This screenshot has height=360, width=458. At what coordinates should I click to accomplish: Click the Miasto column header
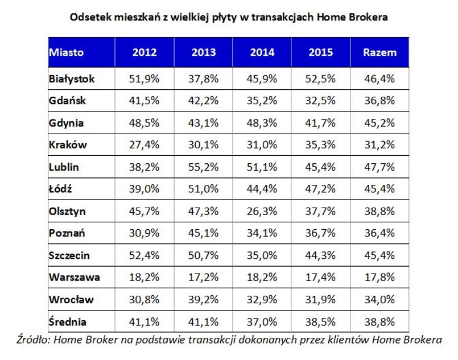coord(67,52)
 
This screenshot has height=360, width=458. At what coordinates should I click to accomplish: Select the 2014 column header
coord(262,52)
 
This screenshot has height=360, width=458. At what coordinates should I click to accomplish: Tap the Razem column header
coord(379,52)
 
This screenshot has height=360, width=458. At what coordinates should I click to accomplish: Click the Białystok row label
coord(71,78)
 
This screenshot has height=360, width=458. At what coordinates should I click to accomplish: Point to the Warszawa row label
coord(74,278)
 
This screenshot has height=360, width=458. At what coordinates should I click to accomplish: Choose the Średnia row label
coord(68,322)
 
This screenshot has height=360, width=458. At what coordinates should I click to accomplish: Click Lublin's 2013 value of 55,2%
coord(203,167)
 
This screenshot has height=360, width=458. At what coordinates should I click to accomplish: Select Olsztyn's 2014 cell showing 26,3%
coord(262,211)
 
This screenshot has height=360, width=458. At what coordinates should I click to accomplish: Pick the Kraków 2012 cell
coord(145,145)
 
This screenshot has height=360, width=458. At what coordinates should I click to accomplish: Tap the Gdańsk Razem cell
coord(379,101)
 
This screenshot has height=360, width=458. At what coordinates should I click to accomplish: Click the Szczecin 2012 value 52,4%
coord(145,255)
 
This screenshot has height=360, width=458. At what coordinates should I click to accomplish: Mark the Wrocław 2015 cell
coord(321,300)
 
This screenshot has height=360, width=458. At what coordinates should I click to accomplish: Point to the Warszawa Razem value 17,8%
coord(379,278)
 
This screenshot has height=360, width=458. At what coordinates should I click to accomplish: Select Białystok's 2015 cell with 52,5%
coord(321,78)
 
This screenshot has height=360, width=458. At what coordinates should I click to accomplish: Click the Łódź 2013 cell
coord(203,189)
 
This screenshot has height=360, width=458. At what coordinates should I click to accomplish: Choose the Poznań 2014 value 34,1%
coord(262,233)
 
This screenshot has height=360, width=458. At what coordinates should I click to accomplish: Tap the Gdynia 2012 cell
coord(145,123)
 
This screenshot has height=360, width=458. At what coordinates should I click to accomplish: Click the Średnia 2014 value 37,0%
coord(262,322)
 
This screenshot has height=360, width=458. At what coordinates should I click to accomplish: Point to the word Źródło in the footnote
coord(35,340)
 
